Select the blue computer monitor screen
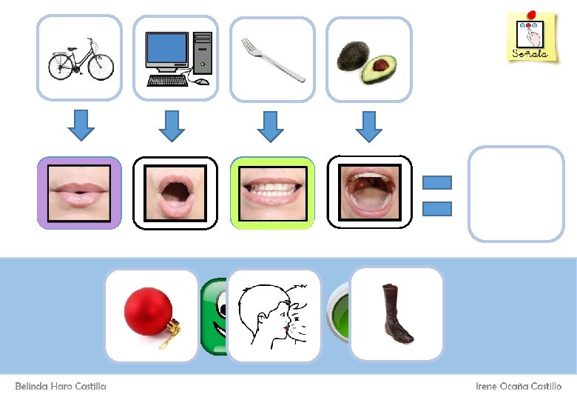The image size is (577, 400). pos(166,50)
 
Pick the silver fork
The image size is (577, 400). pos(272,59)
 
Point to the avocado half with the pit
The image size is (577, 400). pos(379,69)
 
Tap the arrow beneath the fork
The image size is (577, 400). pos(270,125)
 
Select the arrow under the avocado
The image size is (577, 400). pos(368,125)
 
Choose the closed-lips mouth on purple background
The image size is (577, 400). pos(79,193)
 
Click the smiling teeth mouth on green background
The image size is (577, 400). pos(272,193)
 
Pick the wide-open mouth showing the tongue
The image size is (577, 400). pos(369,193)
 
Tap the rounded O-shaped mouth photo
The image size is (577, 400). pos(175,193)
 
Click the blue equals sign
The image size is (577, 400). pos(436,196)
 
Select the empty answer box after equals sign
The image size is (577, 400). pos(516,194)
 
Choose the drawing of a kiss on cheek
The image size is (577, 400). pos(273,314)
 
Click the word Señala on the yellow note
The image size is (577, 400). pos(530,53)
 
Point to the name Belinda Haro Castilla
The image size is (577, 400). pos(61,386)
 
